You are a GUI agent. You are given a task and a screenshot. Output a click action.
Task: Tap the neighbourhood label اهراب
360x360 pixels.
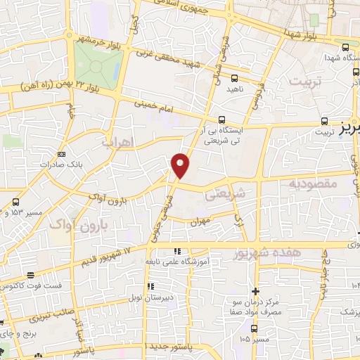[x=117, y=141]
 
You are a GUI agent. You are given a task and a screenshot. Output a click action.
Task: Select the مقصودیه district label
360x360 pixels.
[x=313, y=184]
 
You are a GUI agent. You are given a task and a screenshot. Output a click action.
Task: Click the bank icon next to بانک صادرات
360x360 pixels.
[x=62, y=154]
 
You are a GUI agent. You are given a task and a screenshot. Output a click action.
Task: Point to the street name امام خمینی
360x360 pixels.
[x=155, y=108]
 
